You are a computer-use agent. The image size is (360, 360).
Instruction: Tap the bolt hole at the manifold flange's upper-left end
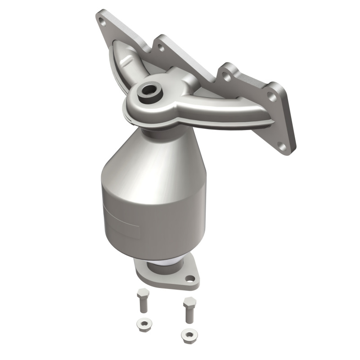coord(103,19)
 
